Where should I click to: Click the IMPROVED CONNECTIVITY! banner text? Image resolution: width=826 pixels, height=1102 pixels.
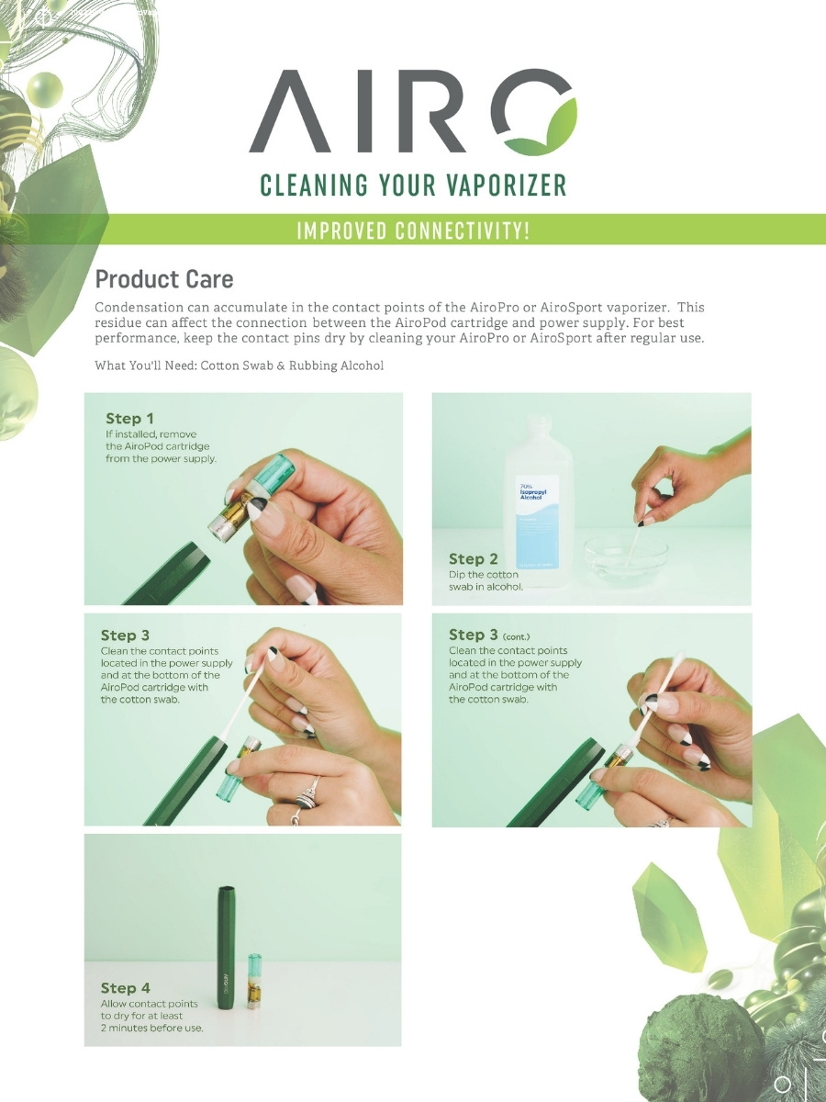point(412,231)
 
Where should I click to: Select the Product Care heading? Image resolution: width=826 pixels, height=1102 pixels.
point(164,279)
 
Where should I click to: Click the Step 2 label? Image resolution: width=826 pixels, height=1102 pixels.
point(473,558)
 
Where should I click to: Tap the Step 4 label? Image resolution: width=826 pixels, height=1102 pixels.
point(125,988)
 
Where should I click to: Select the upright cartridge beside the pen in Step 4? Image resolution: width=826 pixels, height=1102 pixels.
point(254,981)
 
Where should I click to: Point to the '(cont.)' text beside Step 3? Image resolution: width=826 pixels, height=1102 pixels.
point(516,636)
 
